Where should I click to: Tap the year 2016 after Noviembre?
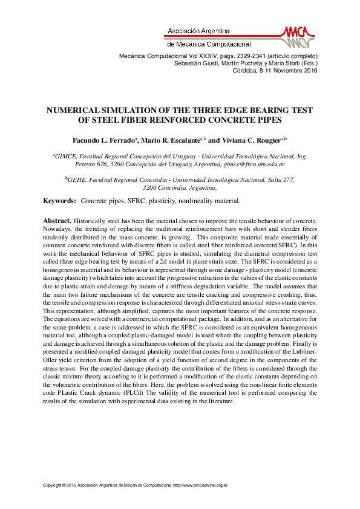[x=307, y=71]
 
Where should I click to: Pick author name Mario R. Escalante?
[x=173, y=140]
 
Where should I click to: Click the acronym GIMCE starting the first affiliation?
[x=66, y=156]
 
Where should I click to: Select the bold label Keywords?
[x=59, y=201]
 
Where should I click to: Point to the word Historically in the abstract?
[x=92, y=222]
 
